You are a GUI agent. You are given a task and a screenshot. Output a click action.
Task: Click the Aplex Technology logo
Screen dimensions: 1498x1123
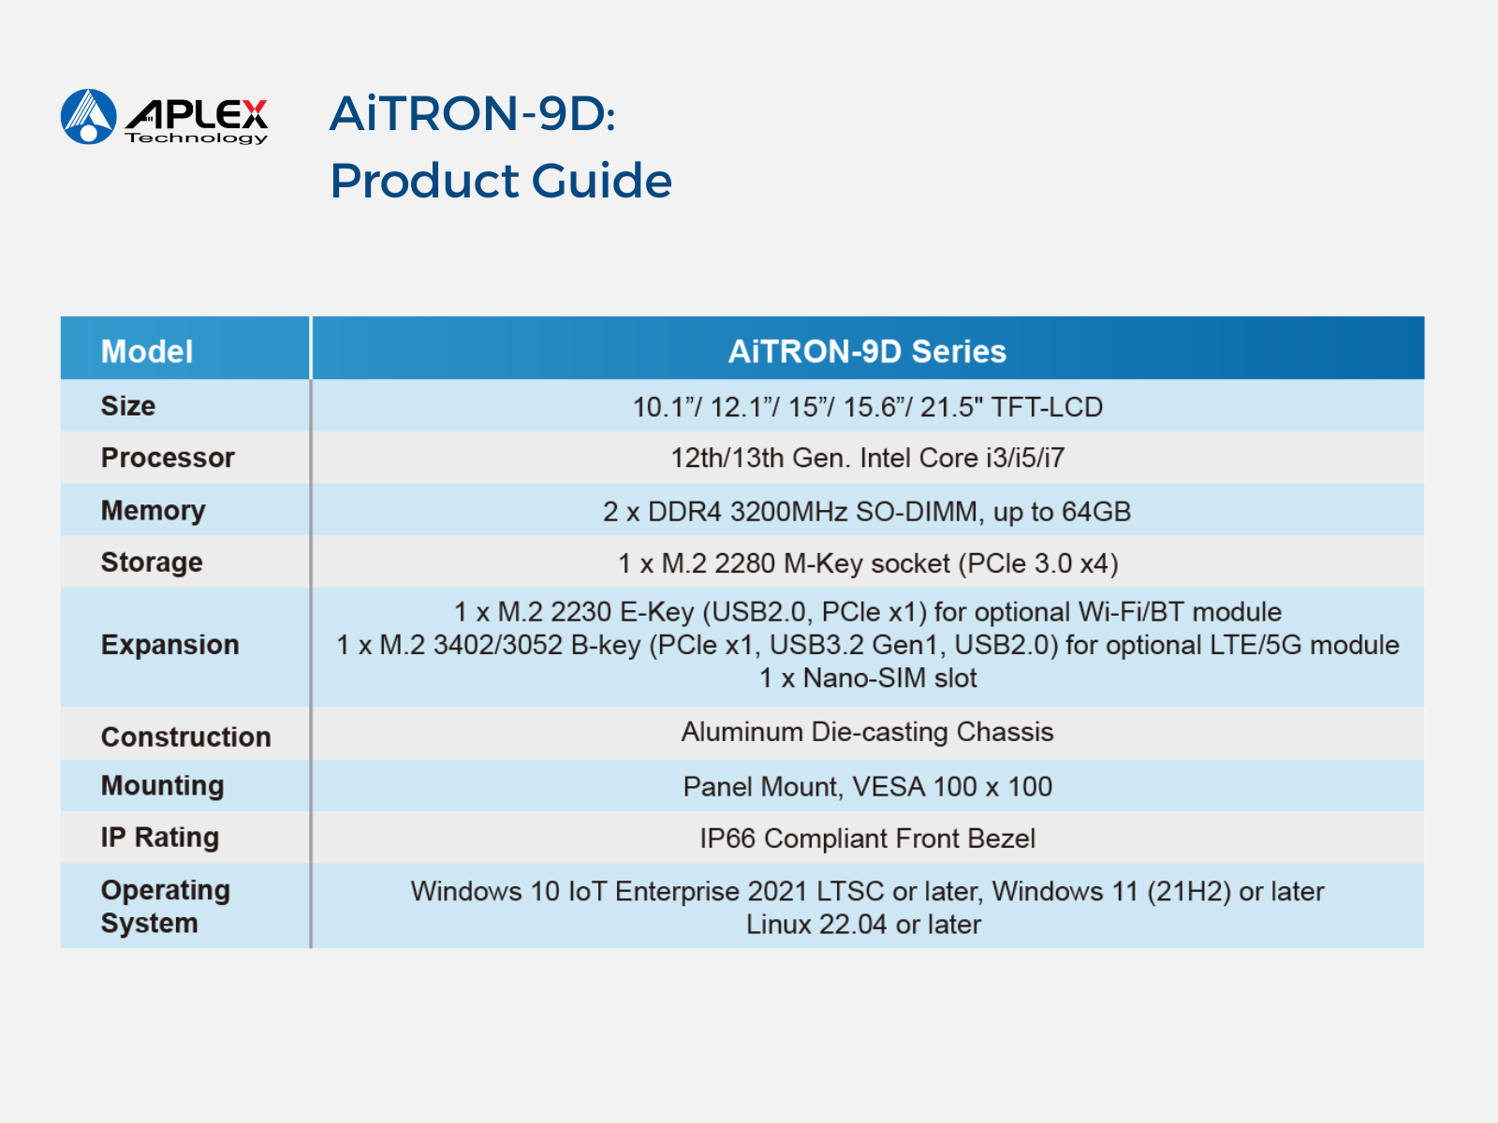point(164,117)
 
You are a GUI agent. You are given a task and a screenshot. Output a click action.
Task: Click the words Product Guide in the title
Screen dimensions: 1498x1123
point(501,181)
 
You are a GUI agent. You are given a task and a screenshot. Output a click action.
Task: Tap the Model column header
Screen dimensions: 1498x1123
point(147,352)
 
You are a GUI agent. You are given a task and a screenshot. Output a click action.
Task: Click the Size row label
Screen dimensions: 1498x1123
point(128,406)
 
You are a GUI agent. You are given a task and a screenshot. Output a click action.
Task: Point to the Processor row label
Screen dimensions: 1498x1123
point(168,458)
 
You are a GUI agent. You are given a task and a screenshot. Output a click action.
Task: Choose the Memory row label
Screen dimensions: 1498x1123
point(153,511)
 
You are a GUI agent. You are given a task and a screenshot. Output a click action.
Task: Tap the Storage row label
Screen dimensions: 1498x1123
point(152,563)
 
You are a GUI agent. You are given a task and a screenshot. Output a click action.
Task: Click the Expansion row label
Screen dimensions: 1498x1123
point(170,645)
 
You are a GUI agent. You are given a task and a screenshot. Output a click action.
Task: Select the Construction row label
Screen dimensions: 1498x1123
point(185,737)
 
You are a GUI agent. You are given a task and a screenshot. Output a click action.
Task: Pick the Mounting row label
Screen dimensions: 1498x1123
point(162,786)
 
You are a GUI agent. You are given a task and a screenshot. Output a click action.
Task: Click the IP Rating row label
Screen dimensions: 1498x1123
point(160,838)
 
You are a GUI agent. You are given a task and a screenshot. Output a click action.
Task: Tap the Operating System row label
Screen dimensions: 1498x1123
point(165,907)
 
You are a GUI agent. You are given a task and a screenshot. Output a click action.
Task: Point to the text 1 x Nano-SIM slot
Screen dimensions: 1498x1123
point(867,678)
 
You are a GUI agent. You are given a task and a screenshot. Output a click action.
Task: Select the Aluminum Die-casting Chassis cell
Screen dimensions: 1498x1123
point(867,733)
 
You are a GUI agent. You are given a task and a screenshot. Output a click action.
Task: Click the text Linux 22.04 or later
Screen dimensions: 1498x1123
point(863,926)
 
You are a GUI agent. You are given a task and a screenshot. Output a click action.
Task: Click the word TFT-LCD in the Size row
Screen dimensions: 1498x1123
point(1047,408)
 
